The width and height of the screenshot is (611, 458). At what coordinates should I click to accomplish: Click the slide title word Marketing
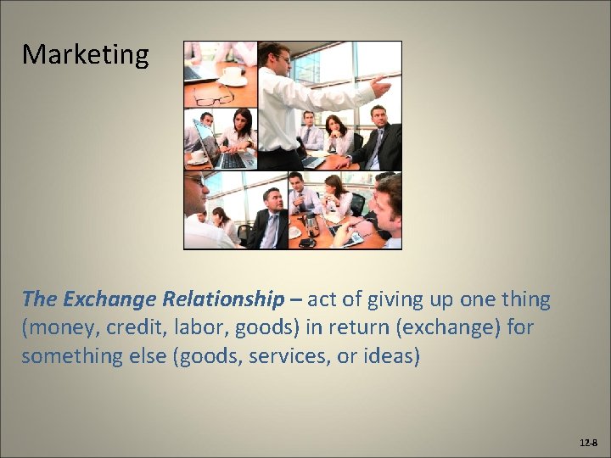[x=85, y=55]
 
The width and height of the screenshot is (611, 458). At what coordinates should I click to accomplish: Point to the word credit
[x=135, y=327]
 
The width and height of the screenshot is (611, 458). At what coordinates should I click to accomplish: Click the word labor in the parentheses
[x=202, y=327]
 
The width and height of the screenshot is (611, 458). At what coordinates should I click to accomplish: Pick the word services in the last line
[x=286, y=356]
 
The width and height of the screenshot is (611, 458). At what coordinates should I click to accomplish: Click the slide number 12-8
[x=587, y=444]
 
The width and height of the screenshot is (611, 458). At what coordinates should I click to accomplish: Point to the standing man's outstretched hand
[x=382, y=86]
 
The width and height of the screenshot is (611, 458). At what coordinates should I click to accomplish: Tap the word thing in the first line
[x=525, y=299]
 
